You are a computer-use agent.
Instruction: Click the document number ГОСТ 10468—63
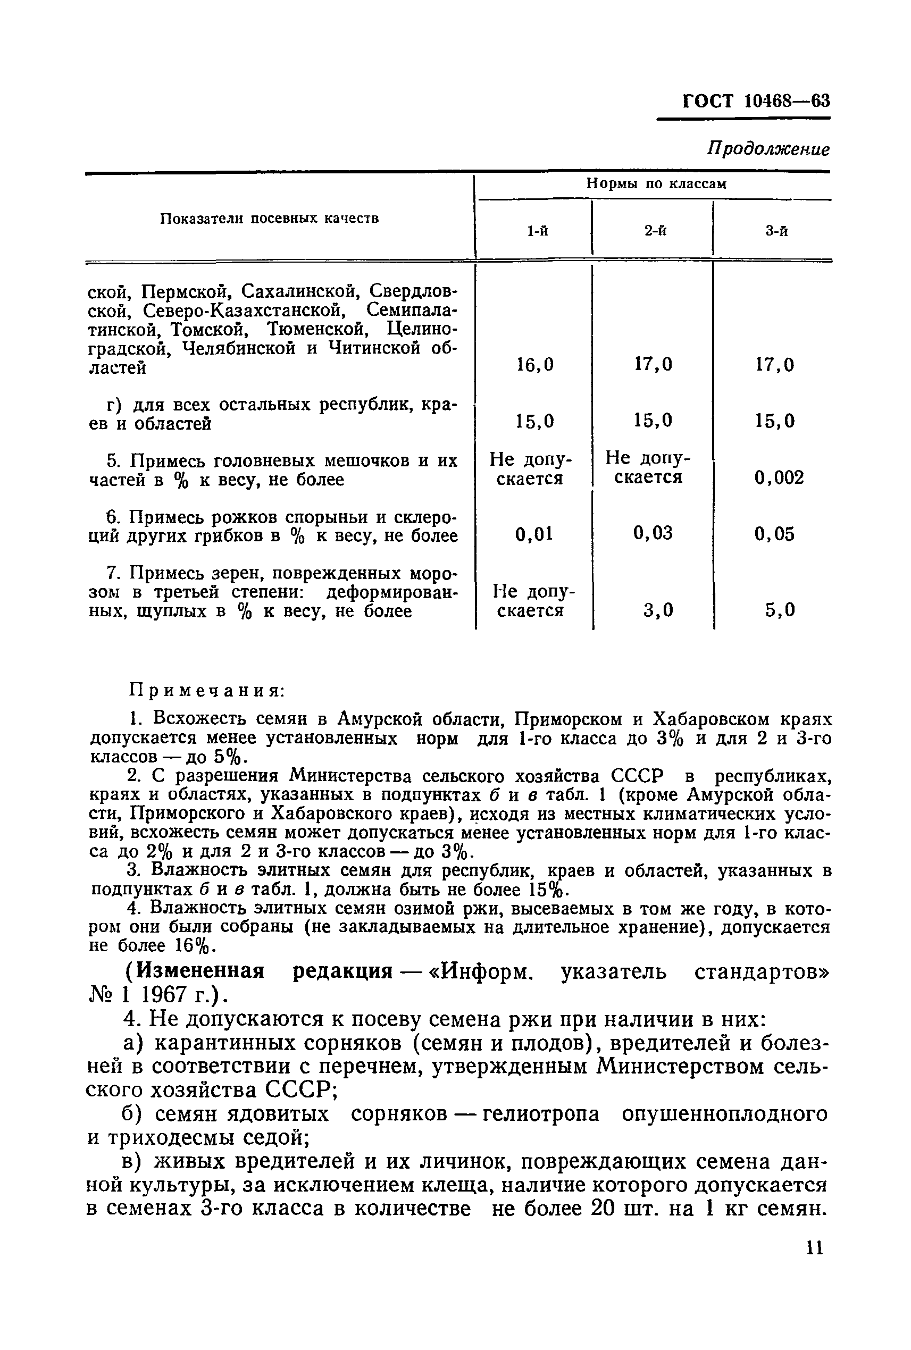(756, 101)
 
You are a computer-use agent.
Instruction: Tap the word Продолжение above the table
(768, 149)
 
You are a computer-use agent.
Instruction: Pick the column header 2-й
(655, 231)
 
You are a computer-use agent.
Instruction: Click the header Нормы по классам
(656, 184)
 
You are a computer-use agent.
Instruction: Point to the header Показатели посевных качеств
(270, 219)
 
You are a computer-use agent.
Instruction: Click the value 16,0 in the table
(534, 365)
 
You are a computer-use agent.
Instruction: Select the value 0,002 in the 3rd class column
(779, 477)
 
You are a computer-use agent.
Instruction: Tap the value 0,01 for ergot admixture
(534, 534)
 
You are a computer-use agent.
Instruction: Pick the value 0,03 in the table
(653, 533)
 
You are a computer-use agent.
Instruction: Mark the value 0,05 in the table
(774, 534)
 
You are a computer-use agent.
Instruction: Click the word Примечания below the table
(206, 691)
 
